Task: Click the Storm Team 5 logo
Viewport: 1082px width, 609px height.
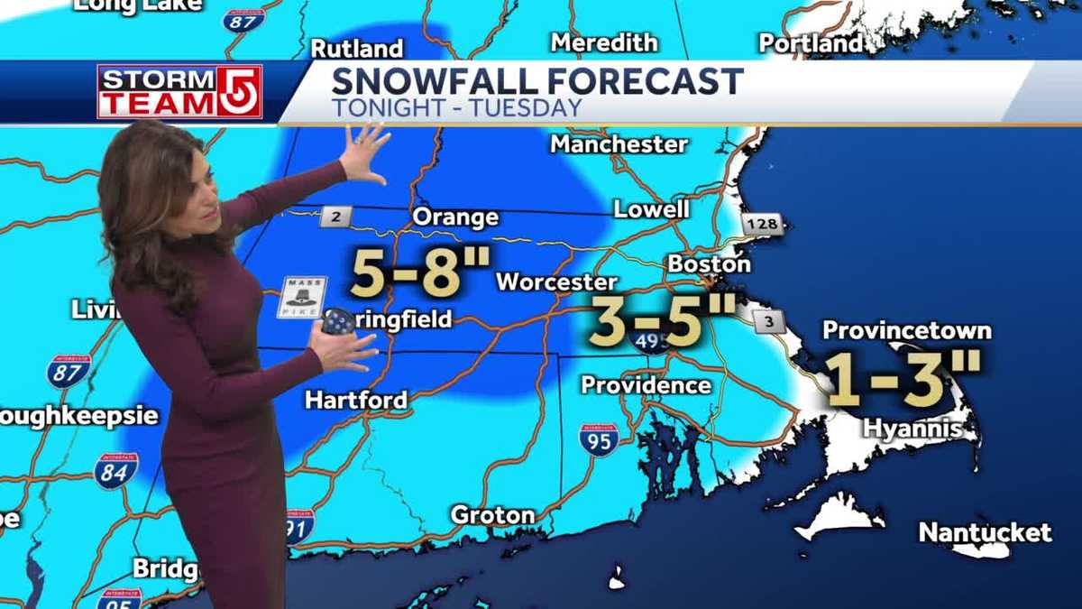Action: (179, 91)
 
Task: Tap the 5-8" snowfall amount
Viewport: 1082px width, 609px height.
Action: (420, 273)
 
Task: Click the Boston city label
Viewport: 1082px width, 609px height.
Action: (709, 264)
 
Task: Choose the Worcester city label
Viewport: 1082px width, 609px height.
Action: (556, 282)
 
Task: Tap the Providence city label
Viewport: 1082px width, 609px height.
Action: (646, 385)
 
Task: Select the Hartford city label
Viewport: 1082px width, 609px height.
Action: (355, 400)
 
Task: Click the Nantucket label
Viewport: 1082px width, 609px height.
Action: (985, 532)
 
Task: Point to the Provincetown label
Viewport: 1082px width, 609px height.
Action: (906, 330)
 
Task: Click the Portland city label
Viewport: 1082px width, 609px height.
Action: (811, 43)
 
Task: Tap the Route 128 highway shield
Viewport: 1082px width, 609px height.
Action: (764, 225)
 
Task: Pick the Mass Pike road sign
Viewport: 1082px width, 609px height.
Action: (301, 297)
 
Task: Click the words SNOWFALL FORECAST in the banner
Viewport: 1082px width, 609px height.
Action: (537, 81)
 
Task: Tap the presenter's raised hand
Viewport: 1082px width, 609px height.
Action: (364, 152)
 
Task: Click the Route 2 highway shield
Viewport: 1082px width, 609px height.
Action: (335, 216)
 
